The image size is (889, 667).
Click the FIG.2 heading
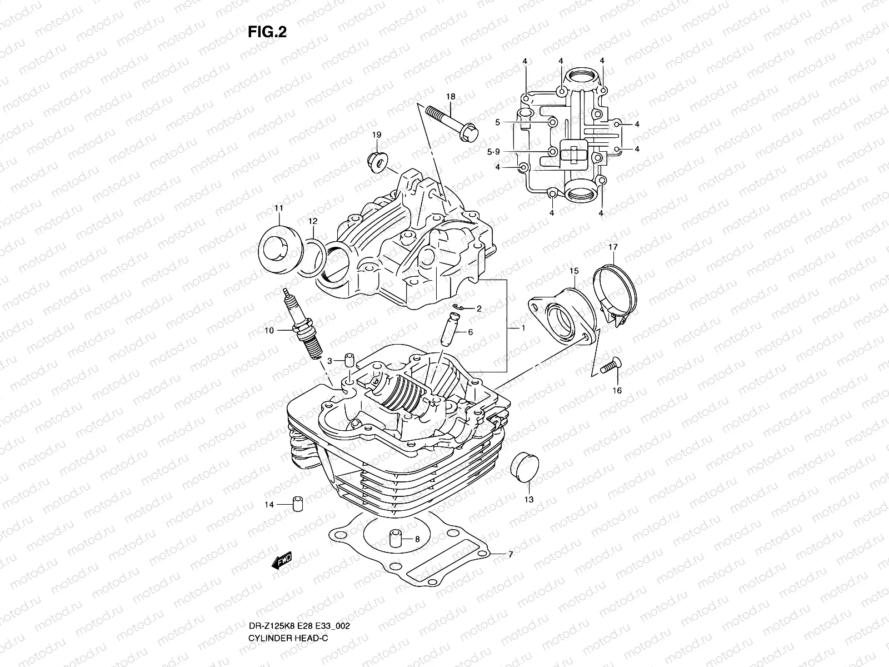(x=267, y=32)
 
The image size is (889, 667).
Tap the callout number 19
(x=376, y=135)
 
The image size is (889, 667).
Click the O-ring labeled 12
(x=313, y=257)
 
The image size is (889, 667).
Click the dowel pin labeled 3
(x=350, y=360)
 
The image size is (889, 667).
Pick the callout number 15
(x=574, y=271)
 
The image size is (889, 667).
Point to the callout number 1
(x=523, y=328)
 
